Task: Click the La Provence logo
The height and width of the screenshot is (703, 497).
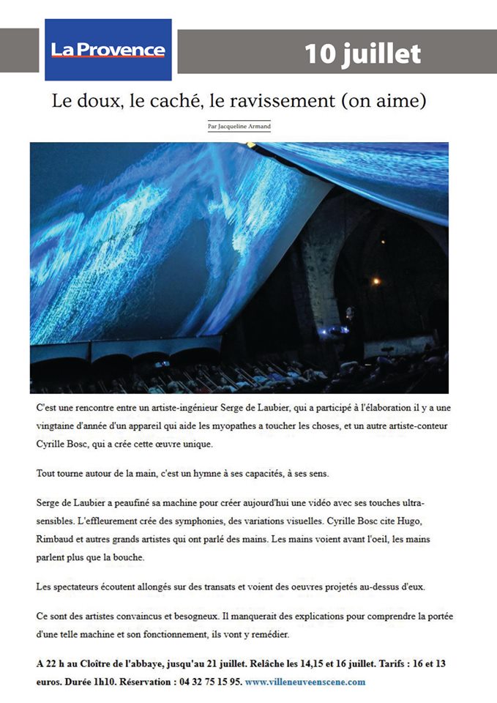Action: point(108,50)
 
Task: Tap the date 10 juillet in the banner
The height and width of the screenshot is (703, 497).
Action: point(362,53)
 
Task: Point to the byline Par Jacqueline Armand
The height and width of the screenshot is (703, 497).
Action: point(239,127)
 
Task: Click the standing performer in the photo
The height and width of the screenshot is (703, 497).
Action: point(349,337)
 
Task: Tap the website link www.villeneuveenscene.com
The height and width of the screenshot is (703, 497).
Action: point(305,682)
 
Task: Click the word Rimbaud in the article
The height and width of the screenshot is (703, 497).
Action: point(60,538)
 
